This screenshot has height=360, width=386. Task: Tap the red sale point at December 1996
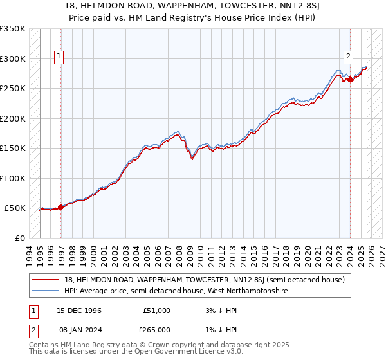(60, 207)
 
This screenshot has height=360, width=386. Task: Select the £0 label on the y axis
(19, 239)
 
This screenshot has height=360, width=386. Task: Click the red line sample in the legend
(46, 280)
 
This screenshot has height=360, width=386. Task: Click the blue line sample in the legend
(46, 291)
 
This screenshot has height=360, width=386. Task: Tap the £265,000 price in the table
(156, 329)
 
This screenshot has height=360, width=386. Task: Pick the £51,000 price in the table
(156, 310)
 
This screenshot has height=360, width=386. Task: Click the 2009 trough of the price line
(192, 159)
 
